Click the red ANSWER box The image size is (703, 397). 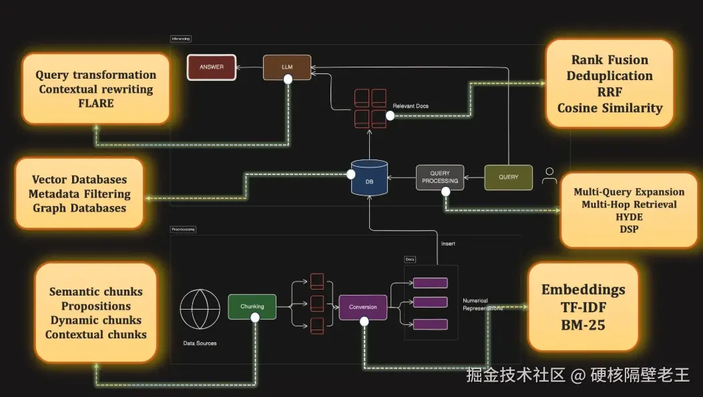click(212, 67)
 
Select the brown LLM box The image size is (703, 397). click(287, 67)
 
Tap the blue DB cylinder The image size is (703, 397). click(369, 177)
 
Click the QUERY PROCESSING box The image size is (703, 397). click(440, 177)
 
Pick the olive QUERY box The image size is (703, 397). click(508, 177)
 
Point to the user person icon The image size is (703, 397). click(549, 176)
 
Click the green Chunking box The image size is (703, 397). click(252, 306)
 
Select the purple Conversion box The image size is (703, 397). click(363, 307)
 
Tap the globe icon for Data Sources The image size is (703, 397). click(200, 309)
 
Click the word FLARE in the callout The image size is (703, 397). click(95, 103)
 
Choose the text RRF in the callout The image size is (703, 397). click(610, 92)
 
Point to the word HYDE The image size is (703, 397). click(629, 217)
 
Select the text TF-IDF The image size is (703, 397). click(583, 307)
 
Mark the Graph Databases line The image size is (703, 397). click(79, 208)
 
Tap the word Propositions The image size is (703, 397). click(96, 306)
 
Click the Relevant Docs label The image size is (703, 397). click(411, 106)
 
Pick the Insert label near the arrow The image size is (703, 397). click(448, 244)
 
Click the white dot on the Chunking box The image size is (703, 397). click(255, 318)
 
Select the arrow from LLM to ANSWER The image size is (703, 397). click(248, 67)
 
